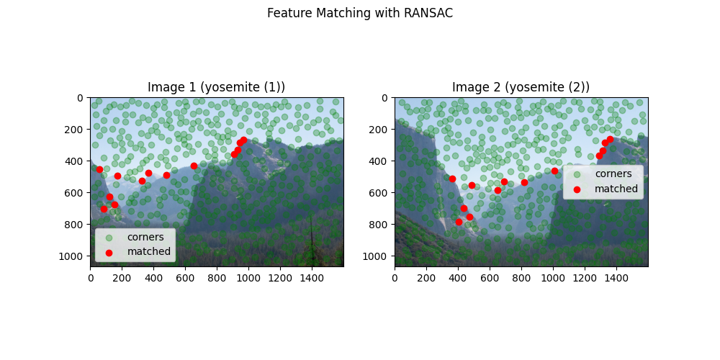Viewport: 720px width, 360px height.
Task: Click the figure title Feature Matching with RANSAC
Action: pyautogui.click(x=359, y=13)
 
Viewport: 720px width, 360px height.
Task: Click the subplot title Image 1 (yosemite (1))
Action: pyautogui.click(x=216, y=87)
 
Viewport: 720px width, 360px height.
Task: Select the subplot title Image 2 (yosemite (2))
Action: pyautogui.click(x=521, y=87)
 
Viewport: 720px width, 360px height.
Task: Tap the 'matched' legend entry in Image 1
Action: pyautogui.click(x=148, y=251)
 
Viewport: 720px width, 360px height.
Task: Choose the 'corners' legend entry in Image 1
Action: pyautogui.click(x=145, y=237)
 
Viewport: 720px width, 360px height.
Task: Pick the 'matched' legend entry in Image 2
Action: pyautogui.click(x=616, y=189)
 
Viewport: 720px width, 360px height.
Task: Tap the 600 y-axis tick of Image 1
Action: pyautogui.click(x=76, y=192)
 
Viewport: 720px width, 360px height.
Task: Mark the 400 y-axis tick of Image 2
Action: pyautogui.click(x=381, y=161)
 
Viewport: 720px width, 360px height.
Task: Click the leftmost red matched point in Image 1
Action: pyautogui.click(x=99, y=169)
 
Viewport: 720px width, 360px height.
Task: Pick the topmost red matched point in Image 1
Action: pyautogui.click(x=243, y=140)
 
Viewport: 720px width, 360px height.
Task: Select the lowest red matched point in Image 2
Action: pyautogui.click(x=459, y=222)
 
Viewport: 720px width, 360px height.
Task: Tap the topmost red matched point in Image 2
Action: pyautogui.click(x=610, y=139)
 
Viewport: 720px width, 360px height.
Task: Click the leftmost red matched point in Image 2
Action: pyautogui.click(x=452, y=179)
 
